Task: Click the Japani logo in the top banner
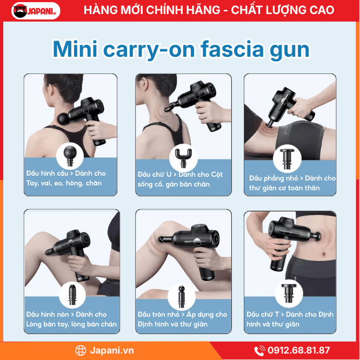coord(36,11)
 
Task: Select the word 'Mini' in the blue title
coord(75,49)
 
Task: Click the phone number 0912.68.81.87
coord(299,350)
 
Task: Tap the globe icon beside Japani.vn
coord(81,351)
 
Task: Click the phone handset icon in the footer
coord(259,351)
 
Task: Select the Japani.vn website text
coord(112,351)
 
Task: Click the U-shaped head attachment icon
coord(183,158)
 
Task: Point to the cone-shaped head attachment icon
coord(72,295)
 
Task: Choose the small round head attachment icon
coord(182,296)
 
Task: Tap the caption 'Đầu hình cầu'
coord(47,174)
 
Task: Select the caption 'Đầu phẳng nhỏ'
coord(274,178)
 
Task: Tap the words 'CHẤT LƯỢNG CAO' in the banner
coord(283,10)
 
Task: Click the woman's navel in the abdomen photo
coord(324,255)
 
